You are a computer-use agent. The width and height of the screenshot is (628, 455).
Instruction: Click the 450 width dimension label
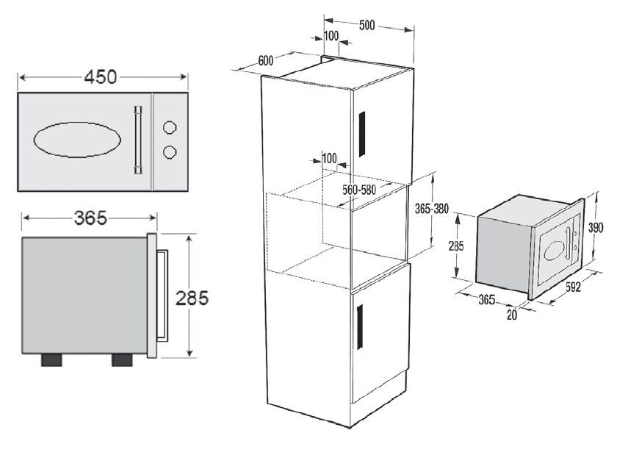coord(101,76)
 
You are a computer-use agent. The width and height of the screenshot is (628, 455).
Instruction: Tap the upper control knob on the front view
coord(170,127)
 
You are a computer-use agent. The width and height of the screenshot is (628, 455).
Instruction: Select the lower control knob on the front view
coord(170,151)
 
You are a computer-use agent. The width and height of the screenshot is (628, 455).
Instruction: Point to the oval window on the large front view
coord(77,140)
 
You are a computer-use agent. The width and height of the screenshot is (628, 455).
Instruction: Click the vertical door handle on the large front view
coord(138,140)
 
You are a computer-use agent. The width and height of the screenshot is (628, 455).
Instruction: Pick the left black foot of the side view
coord(51,359)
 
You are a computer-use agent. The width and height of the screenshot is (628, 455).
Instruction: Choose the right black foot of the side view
coord(122,359)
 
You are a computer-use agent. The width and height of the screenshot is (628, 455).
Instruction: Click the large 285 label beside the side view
coord(192,298)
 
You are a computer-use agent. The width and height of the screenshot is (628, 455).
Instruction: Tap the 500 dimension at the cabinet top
coord(367,25)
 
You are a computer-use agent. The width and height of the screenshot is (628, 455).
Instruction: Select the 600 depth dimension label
coord(266,60)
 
